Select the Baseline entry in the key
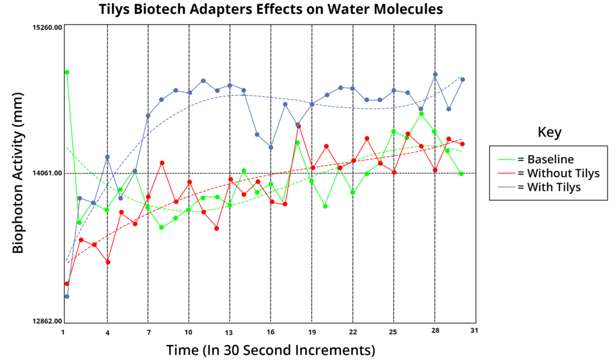(536, 159)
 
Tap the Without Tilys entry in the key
(549, 173)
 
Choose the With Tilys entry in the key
(539, 187)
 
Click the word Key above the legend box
(549, 132)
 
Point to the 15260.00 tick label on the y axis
(47, 27)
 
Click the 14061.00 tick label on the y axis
(47, 173)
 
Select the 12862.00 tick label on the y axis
(47, 321)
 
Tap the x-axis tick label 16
(271, 332)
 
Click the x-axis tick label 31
(474, 331)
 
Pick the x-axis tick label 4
(107, 333)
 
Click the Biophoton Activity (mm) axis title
(17, 173)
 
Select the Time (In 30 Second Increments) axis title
(271, 350)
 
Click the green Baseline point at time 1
(67, 72)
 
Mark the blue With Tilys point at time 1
(67, 296)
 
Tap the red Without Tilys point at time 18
(299, 126)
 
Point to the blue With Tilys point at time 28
(436, 75)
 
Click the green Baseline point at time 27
(422, 114)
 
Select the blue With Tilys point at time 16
(271, 147)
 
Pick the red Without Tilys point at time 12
(217, 228)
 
